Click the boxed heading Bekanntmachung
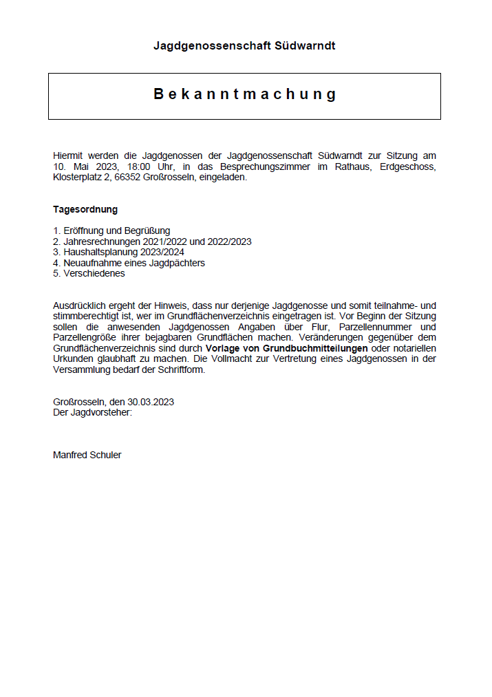tap(245, 94)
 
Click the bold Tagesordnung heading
tap(85, 209)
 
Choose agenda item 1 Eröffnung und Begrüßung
tap(111, 230)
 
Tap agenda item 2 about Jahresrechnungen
tap(152, 242)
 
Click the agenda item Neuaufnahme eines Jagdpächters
tap(129, 263)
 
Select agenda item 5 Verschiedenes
tap(89, 273)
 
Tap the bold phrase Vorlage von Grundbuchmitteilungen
tap(286, 348)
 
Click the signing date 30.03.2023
tap(151, 402)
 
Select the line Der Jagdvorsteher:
tap(92, 412)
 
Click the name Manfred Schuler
tap(87, 455)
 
